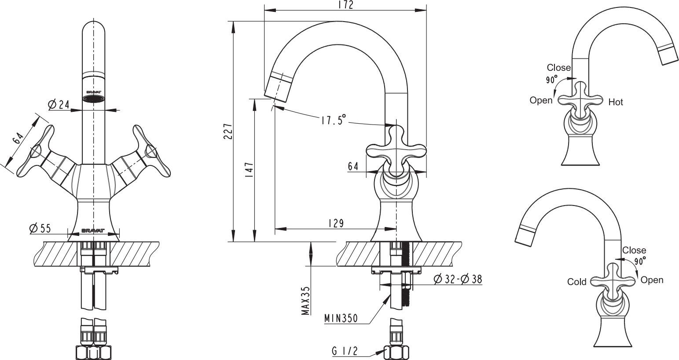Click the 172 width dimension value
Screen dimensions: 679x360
click(x=345, y=5)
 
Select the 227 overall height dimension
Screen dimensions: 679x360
click(x=228, y=131)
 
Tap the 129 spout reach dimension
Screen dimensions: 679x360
click(x=336, y=223)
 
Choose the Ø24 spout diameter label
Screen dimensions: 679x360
click(x=59, y=105)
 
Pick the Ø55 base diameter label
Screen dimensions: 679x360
click(x=40, y=228)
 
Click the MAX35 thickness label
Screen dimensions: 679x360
click(x=305, y=301)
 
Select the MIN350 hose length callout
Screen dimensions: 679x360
click(x=341, y=318)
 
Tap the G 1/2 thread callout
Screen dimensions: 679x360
click(x=345, y=351)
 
